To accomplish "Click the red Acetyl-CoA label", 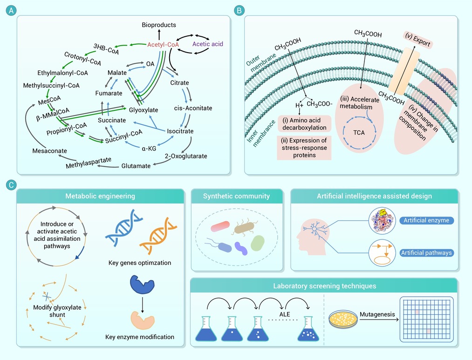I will pyautogui.click(x=163, y=45).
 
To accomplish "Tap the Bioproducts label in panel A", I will pyautogui.click(x=159, y=24).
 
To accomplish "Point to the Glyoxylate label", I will pyautogui.click(x=144, y=110).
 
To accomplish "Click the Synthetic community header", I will pyautogui.click(x=236, y=196).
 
